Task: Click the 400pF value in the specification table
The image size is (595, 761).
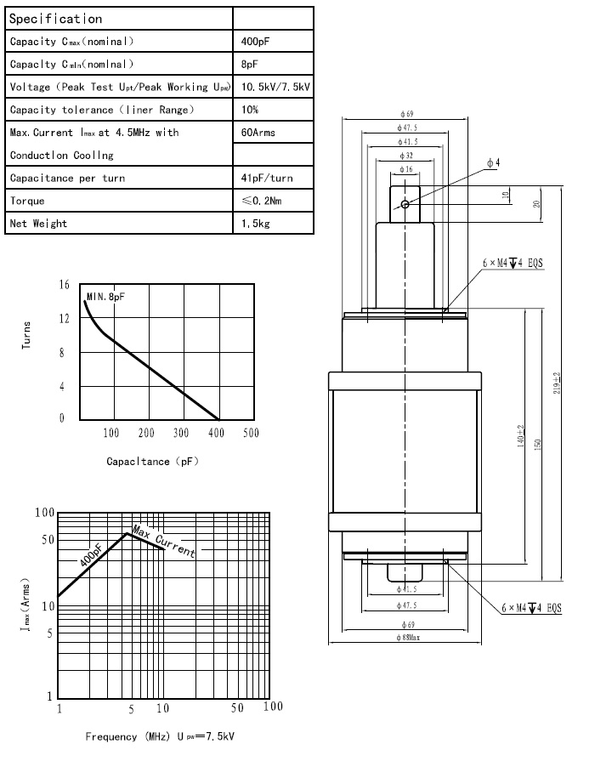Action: click(255, 41)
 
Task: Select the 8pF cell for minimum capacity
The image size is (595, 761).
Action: click(249, 64)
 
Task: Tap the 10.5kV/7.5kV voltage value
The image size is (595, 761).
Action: click(276, 87)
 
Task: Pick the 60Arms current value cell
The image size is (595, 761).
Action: click(258, 133)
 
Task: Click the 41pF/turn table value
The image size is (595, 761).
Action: click(267, 178)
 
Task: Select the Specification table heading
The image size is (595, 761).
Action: click(56, 18)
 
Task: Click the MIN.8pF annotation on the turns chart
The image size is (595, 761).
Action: click(105, 296)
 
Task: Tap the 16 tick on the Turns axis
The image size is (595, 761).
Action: click(63, 284)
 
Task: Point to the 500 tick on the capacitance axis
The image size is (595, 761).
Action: click(250, 434)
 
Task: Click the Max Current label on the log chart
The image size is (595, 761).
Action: click(163, 542)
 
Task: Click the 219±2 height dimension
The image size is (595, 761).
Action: click(556, 383)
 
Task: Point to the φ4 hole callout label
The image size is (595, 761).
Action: click(493, 162)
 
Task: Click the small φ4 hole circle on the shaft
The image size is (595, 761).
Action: click(406, 204)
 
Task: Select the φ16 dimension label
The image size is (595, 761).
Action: click(406, 170)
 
